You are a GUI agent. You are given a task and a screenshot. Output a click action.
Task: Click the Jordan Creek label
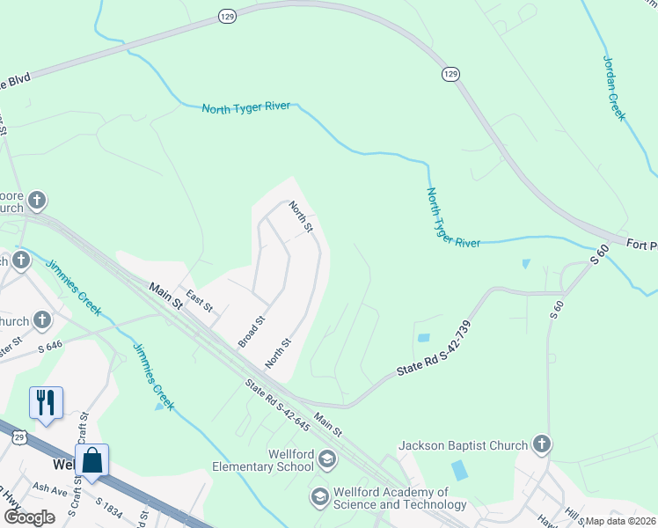pyautogui.click(x=614, y=88)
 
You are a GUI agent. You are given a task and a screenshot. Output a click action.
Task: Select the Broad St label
pyautogui.click(x=252, y=332)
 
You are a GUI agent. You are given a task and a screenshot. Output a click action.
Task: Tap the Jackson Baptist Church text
pyautogui.click(x=463, y=445)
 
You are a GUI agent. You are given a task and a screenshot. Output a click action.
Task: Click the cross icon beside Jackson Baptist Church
pyautogui.click(x=542, y=445)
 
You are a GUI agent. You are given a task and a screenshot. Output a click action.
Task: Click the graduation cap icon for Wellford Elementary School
pyautogui.click(x=327, y=458)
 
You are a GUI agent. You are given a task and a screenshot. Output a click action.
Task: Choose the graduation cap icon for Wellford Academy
pyautogui.click(x=319, y=498)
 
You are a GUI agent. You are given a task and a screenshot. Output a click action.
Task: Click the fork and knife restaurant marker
pyautogui.click(x=45, y=403)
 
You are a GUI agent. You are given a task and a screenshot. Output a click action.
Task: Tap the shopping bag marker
pyautogui.click(x=92, y=459)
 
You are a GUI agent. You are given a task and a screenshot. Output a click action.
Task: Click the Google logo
pyautogui.click(x=29, y=517)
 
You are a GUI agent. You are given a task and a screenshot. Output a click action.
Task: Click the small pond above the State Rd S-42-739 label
pyautogui.click(x=424, y=337)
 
